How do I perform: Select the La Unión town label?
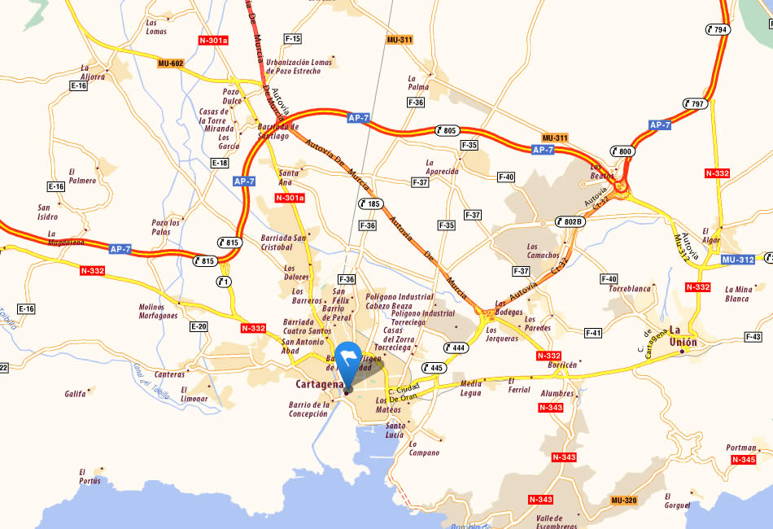[x=683, y=336]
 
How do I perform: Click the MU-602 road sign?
[x=171, y=63]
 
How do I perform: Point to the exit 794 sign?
[x=718, y=29]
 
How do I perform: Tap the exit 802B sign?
[x=570, y=221]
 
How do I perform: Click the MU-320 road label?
[x=624, y=500]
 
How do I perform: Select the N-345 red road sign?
[x=744, y=460]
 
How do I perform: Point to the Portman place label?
[x=741, y=448]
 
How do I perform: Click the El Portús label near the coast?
[x=89, y=476]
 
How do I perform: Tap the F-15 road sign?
[x=292, y=39]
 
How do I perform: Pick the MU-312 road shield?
[x=737, y=260]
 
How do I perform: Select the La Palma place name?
[x=418, y=83]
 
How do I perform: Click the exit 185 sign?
[x=369, y=203]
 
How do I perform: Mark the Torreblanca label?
[x=630, y=289]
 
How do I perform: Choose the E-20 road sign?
[x=199, y=326]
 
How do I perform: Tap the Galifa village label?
[x=75, y=394]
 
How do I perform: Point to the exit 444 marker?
[x=456, y=347]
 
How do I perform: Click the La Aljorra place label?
[x=92, y=72]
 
